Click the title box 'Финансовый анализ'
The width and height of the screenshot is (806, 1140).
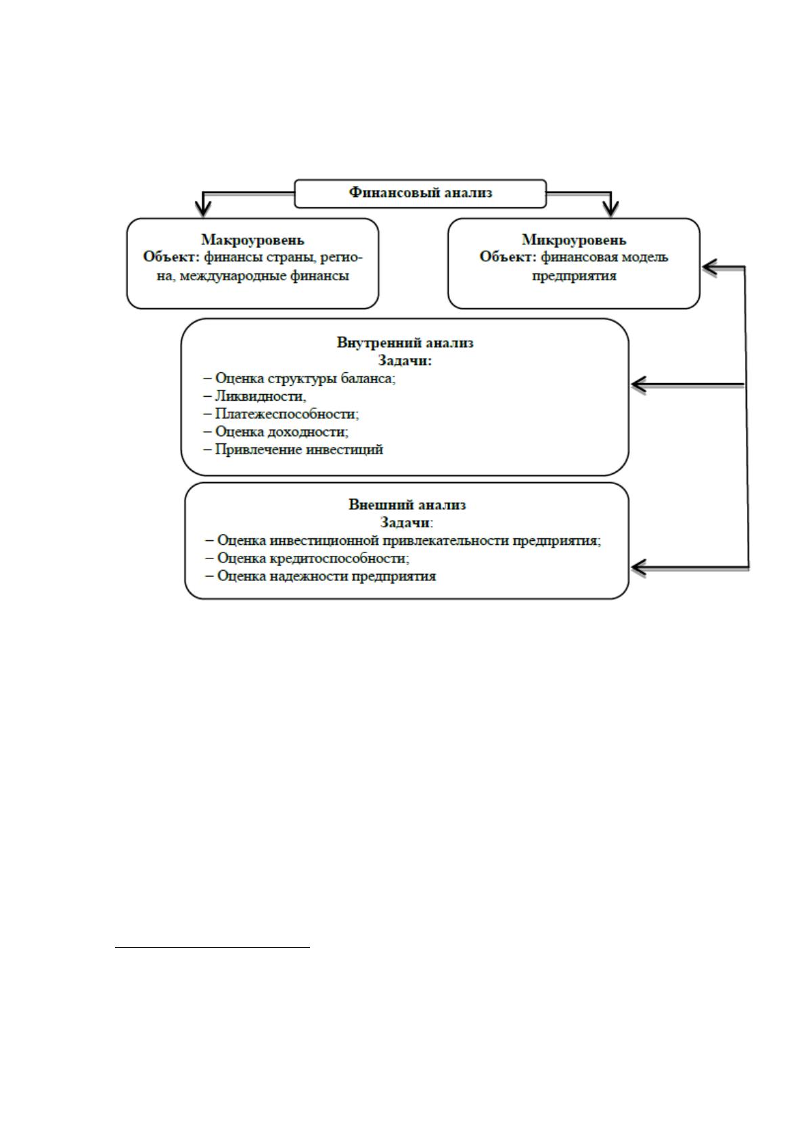420,194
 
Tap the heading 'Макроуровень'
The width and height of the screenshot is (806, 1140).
253,240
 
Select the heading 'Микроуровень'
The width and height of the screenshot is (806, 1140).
574,240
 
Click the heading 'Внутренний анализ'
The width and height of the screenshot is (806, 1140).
405,343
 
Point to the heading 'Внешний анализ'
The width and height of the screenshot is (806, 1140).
407,505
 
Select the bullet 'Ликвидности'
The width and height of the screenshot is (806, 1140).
254,396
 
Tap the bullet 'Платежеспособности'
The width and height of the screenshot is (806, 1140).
281,414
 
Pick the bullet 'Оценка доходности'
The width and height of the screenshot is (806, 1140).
276,432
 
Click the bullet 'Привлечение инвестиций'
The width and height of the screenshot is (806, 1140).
293,450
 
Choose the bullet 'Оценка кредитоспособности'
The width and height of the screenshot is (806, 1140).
307,558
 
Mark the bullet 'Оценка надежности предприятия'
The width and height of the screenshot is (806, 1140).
321,576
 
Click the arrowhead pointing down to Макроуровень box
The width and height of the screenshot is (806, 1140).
203,209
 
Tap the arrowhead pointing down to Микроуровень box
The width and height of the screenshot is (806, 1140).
610,209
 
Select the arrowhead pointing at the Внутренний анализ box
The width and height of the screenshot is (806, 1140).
639,385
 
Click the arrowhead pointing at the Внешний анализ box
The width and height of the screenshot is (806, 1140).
639,567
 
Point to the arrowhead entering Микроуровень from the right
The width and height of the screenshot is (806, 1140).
711,267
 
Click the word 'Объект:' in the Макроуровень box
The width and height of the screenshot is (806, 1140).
172,257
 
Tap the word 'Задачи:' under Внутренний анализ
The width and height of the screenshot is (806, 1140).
405,361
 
